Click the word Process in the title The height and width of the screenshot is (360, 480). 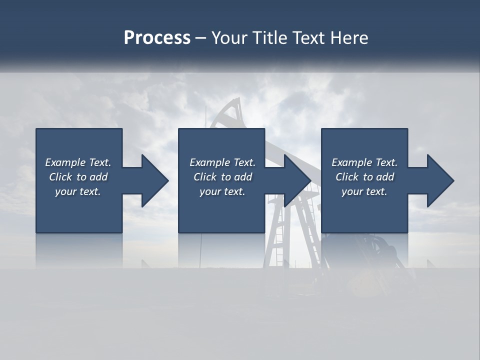157,38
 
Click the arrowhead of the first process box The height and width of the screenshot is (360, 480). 152,180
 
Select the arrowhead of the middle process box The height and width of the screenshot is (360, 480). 295,180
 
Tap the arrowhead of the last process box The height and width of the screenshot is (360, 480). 438,180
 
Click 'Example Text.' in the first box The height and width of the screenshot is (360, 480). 78,162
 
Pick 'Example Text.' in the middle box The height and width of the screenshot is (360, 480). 222,162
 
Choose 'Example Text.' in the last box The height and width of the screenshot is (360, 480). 364,162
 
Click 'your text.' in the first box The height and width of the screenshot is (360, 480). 78,191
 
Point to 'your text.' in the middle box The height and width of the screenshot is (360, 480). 222,191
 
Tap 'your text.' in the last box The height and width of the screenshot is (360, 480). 364,191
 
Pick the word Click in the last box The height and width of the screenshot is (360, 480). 347,177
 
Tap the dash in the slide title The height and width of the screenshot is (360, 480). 200,38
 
